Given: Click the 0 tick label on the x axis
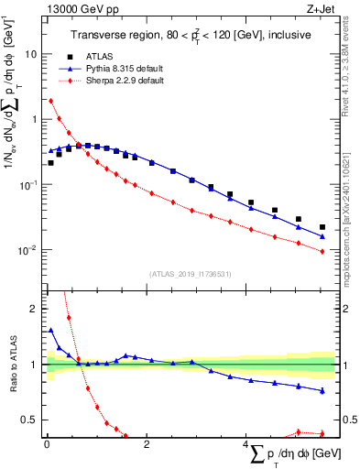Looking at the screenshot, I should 47,444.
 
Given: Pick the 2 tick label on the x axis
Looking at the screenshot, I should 147,444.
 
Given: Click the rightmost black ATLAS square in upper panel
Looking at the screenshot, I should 322,227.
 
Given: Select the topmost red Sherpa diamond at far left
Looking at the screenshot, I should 50,101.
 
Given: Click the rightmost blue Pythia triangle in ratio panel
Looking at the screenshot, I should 322,391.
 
